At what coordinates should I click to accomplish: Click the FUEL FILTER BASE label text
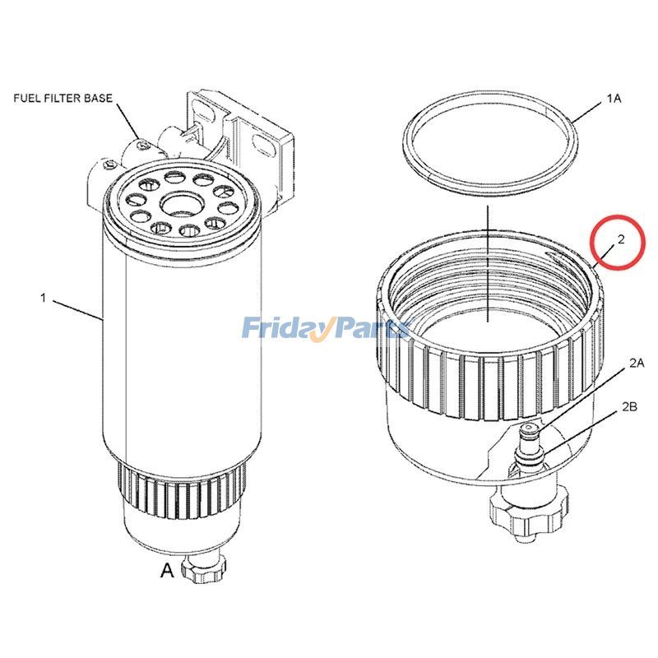[63, 98]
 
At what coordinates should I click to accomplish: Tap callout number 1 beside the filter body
[43, 298]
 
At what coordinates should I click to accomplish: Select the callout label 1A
[614, 98]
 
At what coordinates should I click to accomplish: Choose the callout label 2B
[630, 406]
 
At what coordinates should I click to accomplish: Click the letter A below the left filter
[167, 570]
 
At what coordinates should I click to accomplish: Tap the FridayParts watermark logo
[326, 330]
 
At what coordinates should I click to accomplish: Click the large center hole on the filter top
[180, 202]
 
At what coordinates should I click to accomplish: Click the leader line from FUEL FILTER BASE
[127, 123]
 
